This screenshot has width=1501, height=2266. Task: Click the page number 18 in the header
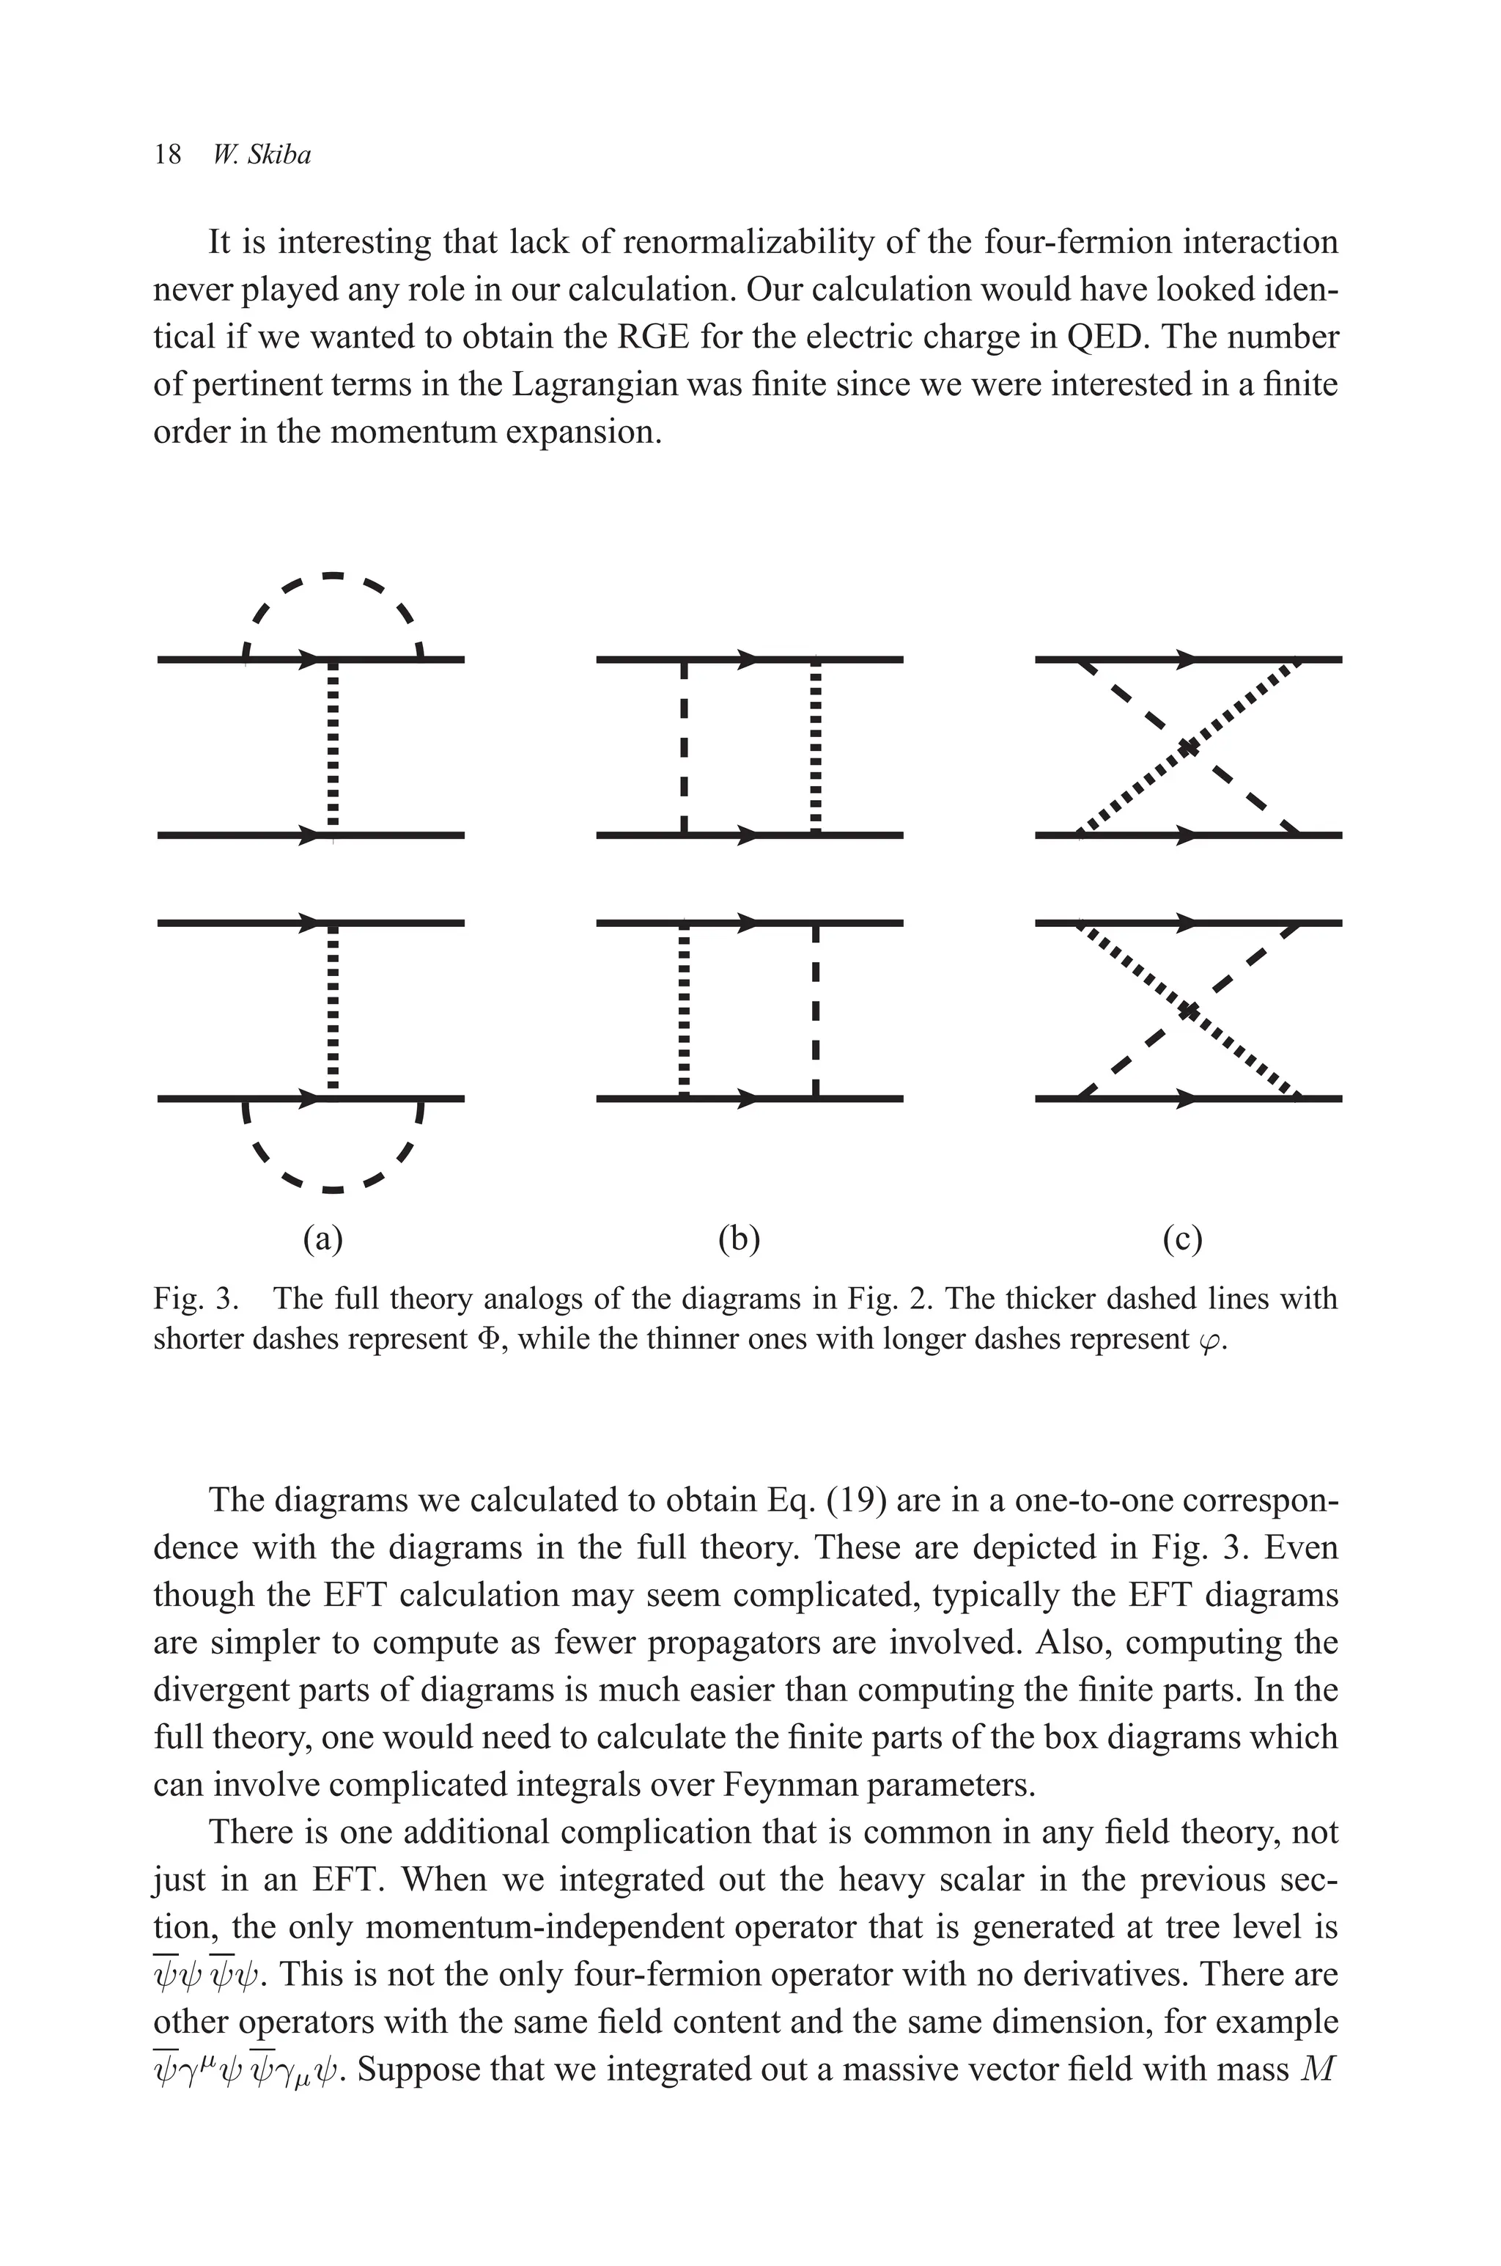pos(168,155)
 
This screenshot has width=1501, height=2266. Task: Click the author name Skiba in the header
pos(279,155)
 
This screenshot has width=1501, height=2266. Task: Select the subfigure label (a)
pos(322,1239)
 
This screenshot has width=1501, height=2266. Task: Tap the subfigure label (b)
pos(739,1239)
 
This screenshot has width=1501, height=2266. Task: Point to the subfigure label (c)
pos(1183,1239)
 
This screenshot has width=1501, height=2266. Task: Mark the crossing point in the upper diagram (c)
pos(1188,748)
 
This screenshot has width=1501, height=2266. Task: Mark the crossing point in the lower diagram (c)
pos(1188,1011)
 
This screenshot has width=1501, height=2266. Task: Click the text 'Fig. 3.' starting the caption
pos(196,1299)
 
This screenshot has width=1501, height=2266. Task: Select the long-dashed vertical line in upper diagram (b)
pos(684,748)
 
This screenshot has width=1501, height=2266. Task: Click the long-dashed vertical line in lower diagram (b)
pos(815,1011)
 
